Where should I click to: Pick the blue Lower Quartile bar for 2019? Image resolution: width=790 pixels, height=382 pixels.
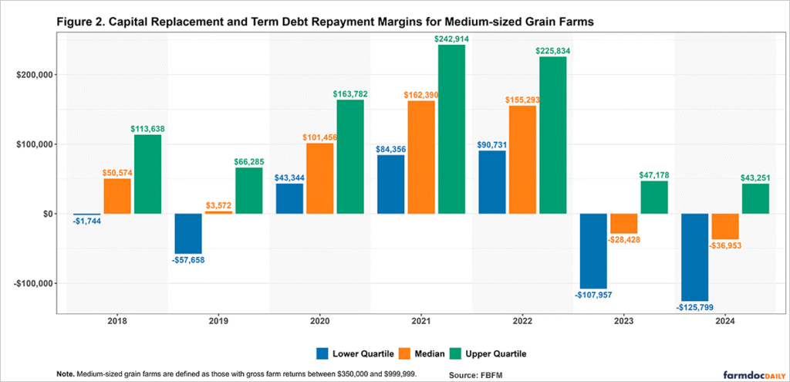(188, 233)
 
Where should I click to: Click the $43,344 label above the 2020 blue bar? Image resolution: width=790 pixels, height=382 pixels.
(289, 178)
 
